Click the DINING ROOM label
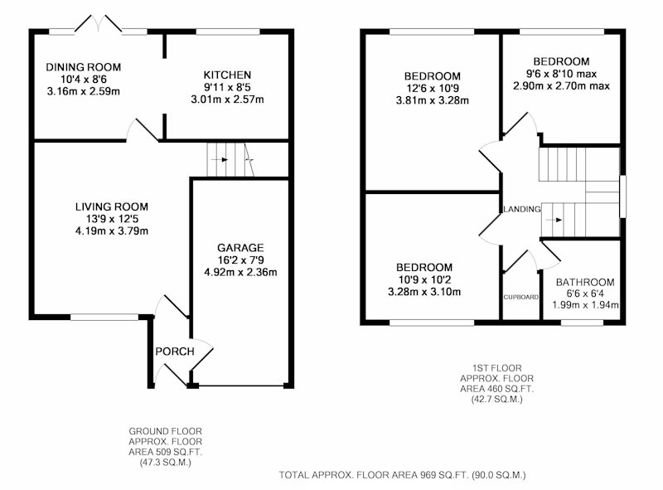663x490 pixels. [x=84, y=67]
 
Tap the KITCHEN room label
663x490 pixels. [x=227, y=75]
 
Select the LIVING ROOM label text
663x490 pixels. [x=112, y=206]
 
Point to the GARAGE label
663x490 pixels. [x=240, y=248]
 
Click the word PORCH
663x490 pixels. [x=175, y=352]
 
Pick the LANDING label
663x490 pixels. [x=522, y=209]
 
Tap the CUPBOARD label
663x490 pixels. [x=521, y=297]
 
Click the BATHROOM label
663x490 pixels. [x=585, y=282]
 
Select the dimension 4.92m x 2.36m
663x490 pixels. [x=240, y=272]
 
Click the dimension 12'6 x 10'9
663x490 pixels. [x=432, y=89]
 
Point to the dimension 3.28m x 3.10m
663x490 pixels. [x=424, y=292]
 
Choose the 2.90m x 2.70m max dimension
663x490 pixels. [x=562, y=86]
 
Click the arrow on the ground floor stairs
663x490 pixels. [x=220, y=159]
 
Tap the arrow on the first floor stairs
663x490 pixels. [x=554, y=220]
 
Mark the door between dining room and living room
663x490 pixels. [x=143, y=129]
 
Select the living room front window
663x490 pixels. [x=104, y=317]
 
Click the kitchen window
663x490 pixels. [x=228, y=32]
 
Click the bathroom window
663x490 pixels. [x=583, y=323]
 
